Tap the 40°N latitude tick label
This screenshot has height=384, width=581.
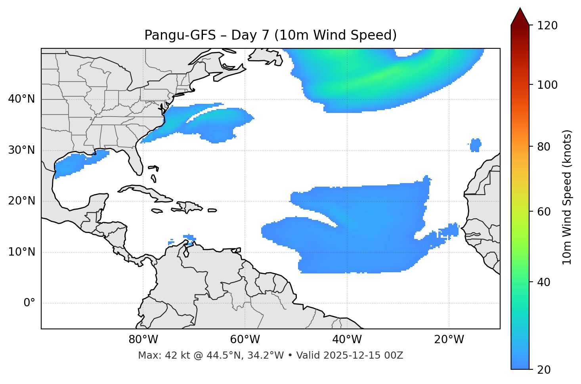pyautogui.click(x=21, y=99)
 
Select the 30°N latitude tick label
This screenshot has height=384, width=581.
pyautogui.click(x=21, y=150)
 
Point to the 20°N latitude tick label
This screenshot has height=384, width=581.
pyautogui.click(x=21, y=201)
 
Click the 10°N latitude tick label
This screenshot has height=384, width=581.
pyautogui.click(x=21, y=252)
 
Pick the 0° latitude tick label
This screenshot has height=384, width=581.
pyautogui.click(x=29, y=303)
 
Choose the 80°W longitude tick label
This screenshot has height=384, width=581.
pyautogui.click(x=143, y=340)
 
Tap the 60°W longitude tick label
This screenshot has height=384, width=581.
pyautogui.click(x=245, y=340)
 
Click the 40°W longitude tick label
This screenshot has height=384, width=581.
pyautogui.click(x=347, y=340)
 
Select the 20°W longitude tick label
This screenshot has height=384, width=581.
pyautogui.click(x=449, y=340)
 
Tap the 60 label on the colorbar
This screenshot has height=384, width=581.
pyautogui.click(x=543, y=212)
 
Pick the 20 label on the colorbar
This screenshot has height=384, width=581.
pyautogui.click(x=543, y=370)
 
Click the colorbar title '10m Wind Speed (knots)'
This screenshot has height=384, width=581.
pyautogui.click(x=567, y=197)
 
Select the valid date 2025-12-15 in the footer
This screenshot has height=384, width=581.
pyautogui.click(x=356, y=355)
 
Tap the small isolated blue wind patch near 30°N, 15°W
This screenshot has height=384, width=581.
pyautogui.click(x=476, y=145)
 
